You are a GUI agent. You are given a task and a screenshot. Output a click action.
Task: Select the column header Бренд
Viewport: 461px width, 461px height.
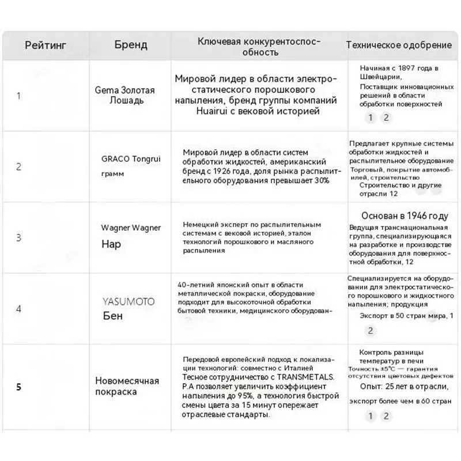[130, 45]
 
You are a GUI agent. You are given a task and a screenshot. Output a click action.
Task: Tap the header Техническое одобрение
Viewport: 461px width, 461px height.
[398, 45]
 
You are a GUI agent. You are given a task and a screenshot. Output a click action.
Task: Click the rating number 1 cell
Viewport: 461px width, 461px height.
[18, 96]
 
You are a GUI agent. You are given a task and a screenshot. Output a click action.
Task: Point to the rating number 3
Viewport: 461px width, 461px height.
[18, 237]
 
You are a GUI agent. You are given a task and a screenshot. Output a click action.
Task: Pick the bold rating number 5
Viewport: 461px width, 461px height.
[18, 387]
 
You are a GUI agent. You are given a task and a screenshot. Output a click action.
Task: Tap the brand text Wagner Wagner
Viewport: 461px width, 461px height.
[131, 228]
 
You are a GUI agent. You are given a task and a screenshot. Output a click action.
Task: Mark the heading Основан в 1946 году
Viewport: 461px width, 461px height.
[405, 216]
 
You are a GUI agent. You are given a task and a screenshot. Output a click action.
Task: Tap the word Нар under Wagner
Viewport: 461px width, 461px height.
[111, 244]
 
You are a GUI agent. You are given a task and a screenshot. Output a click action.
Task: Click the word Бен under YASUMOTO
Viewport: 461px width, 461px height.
[112, 316]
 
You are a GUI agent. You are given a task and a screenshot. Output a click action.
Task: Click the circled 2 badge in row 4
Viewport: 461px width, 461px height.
[371, 331]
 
